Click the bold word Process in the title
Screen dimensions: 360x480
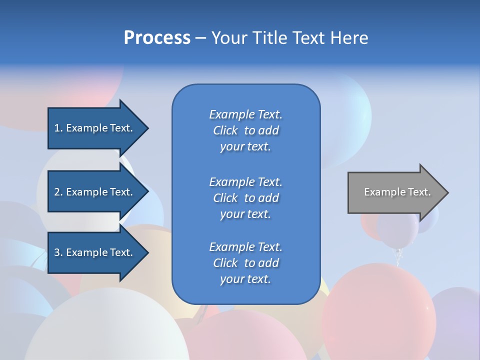(157, 38)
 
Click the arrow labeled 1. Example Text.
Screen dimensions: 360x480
(95, 128)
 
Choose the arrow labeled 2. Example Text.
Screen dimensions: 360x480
(95, 192)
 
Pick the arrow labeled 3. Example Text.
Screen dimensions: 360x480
(95, 252)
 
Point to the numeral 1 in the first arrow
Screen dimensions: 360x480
(57, 128)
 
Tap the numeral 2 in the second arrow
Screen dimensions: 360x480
(57, 192)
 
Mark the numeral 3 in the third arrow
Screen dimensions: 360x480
(57, 252)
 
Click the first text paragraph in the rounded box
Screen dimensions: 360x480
(245, 130)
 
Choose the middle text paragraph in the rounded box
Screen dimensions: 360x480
(245, 198)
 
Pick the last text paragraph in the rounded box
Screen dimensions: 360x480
(245, 263)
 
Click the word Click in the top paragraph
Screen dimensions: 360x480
(225, 131)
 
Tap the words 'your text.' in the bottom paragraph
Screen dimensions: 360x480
(245, 279)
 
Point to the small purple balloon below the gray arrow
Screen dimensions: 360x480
(397, 231)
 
